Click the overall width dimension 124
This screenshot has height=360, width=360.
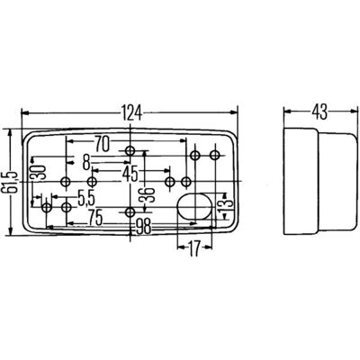coord(131,112)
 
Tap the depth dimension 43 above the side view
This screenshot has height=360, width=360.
coord(319,112)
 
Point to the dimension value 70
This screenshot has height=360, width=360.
coord(102,144)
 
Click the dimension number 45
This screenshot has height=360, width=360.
coord(130,174)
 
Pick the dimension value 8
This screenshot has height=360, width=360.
coord(86,163)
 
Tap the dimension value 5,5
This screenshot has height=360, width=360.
coord(86,199)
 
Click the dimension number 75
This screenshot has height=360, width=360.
coord(94,217)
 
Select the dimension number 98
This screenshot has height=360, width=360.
coord(142,227)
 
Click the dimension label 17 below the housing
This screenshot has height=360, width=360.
coord(194,248)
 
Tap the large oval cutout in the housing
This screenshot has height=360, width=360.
coord(195,207)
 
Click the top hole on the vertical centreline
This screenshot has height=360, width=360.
coord(130,150)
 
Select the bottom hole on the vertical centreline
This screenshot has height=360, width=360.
coord(130,212)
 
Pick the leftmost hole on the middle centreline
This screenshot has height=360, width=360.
coord(66,182)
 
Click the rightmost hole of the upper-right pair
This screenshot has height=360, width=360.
coord(215,155)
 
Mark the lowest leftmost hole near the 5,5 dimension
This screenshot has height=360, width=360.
coord(47,207)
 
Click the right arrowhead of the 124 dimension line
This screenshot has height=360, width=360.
coord(233,112)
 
